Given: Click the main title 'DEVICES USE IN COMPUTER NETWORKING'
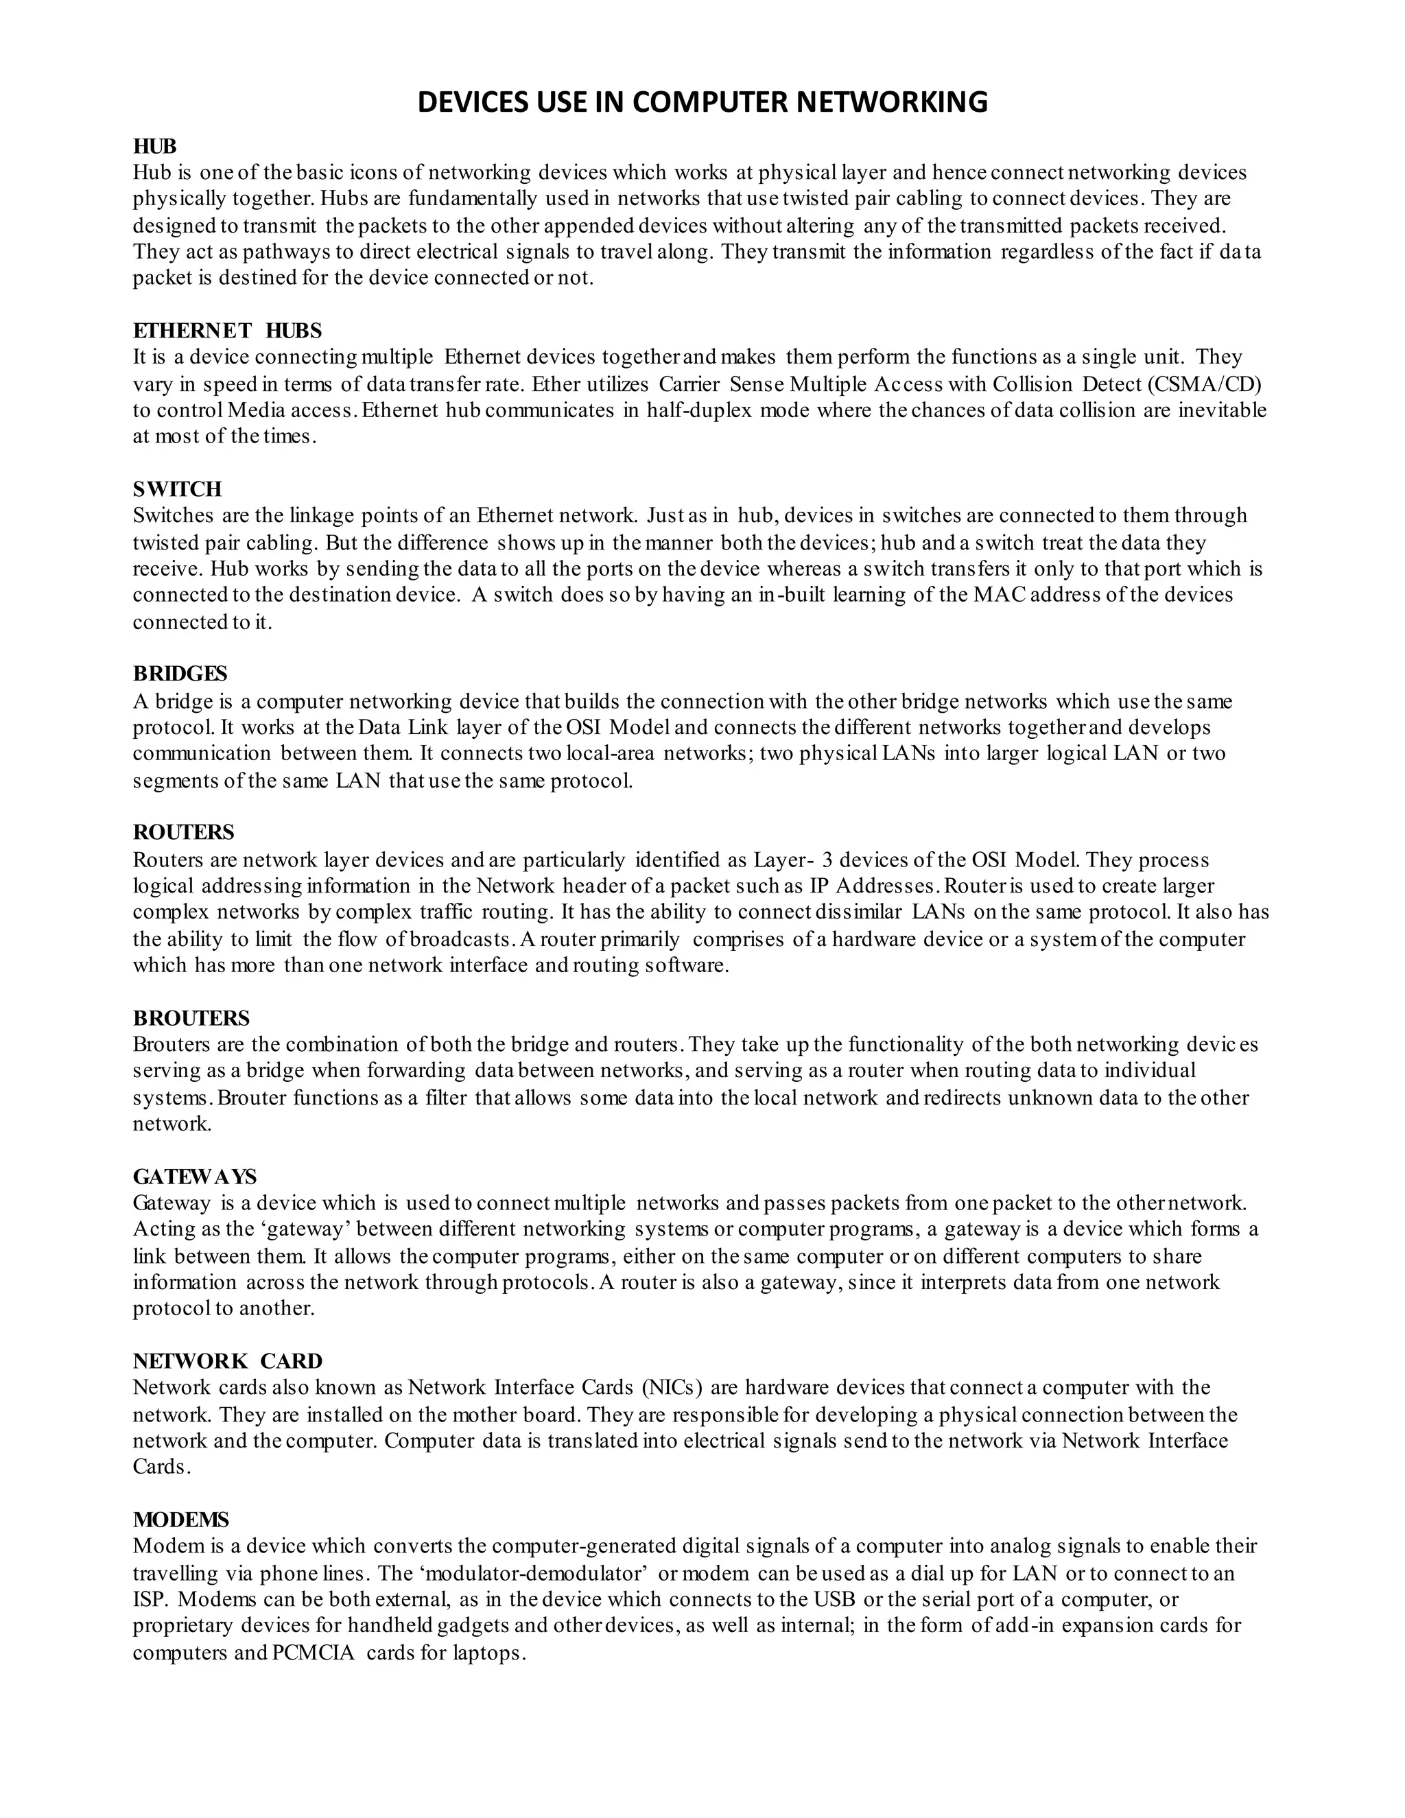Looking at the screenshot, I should click(702, 102).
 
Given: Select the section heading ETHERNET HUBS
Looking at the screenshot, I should click(227, 331).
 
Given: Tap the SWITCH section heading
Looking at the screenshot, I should click(177, 488).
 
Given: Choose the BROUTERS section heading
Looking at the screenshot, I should click(191, 1017).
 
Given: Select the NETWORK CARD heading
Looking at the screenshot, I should click(227, 1361).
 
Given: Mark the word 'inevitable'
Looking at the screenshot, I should click(1222, 410).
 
